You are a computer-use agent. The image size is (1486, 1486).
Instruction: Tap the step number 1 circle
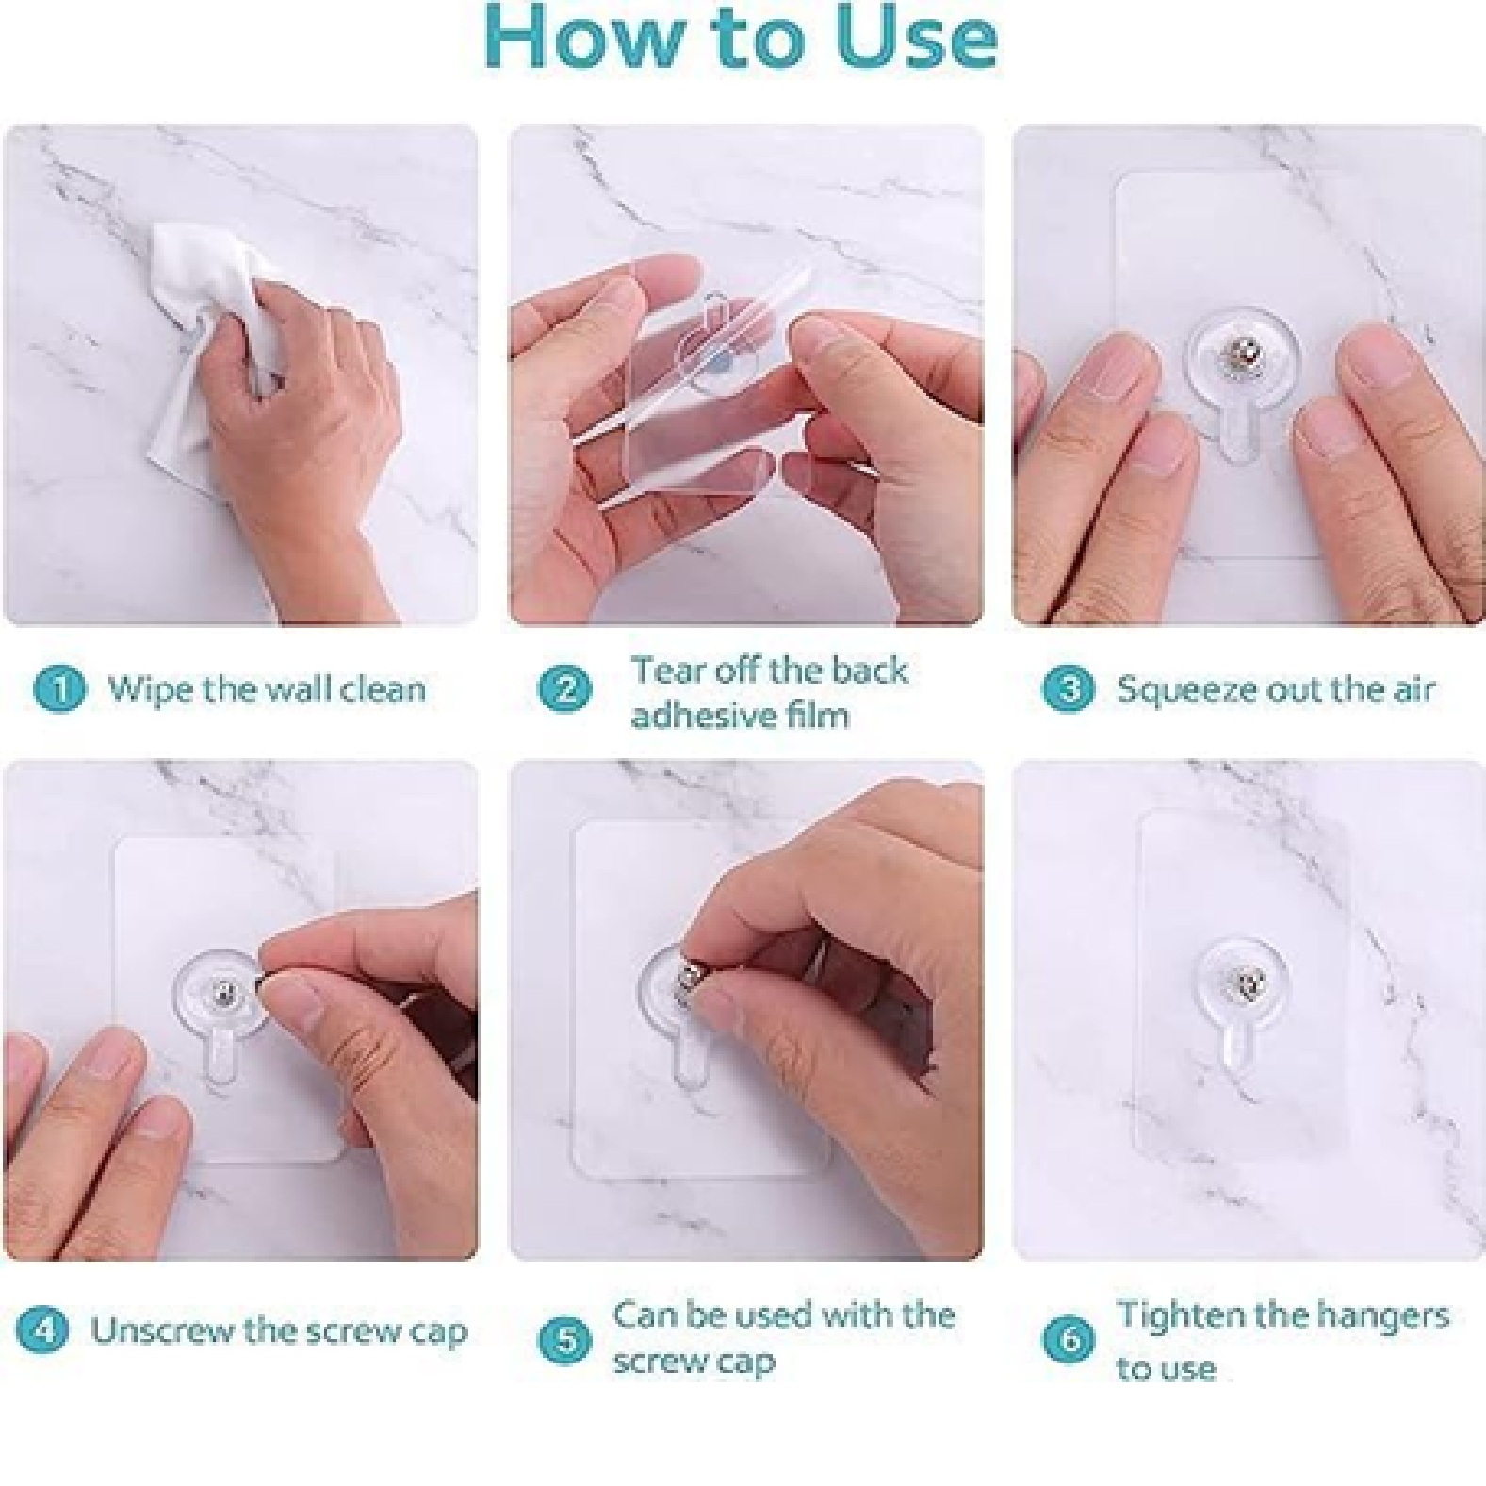click(x=58, y=688)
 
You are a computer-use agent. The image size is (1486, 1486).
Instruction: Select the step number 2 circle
click(x=564, y=689)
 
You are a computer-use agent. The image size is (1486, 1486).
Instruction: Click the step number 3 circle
click(x=1069, y=689)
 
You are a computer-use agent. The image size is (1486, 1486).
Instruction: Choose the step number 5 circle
click(x=564, y=1339)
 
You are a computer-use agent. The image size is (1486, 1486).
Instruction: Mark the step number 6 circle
click(x=1069, y=1339)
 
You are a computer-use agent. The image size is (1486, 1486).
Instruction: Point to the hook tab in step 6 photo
click(x=1238, y=1047)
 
